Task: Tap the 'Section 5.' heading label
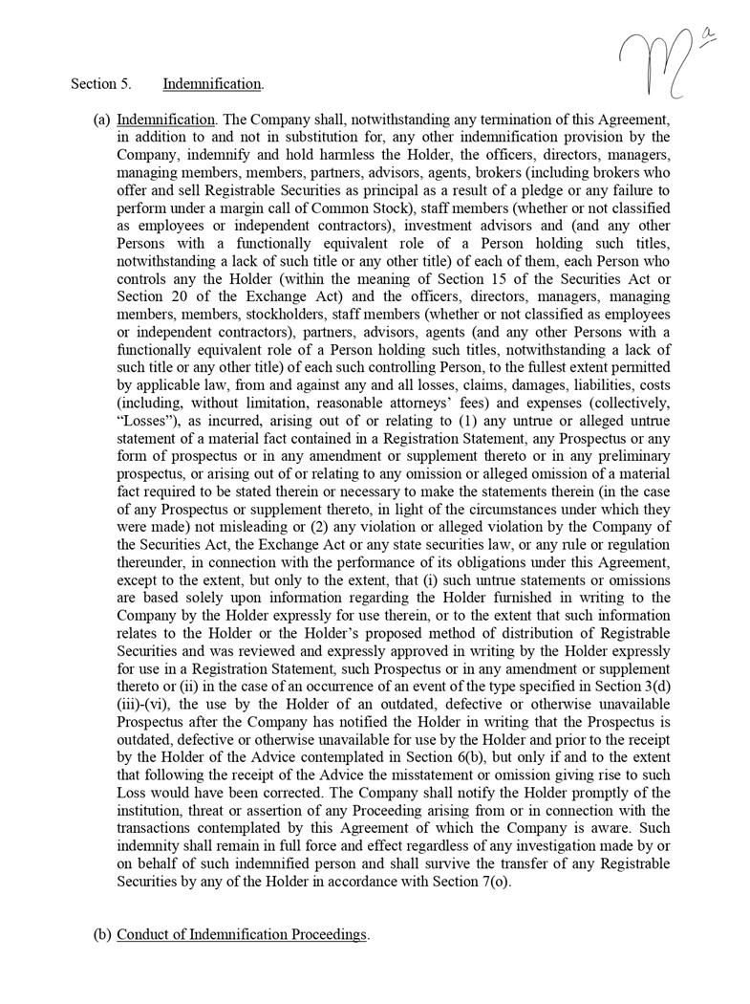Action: click(x=100, y=84)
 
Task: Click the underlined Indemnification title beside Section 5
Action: click(x=212, y=84)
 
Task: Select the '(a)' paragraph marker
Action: click(x=101, y=120)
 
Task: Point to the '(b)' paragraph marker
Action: click(x=101, y=934)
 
